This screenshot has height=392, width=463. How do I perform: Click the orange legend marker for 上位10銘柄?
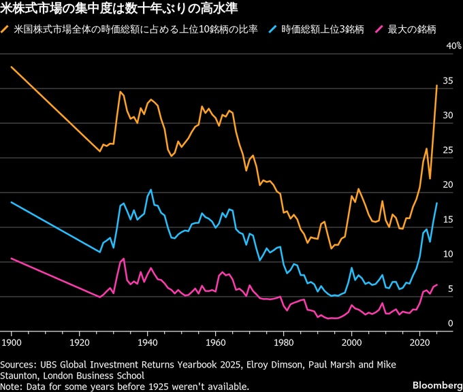coord(7,31)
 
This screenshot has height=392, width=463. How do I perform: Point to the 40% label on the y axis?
coord(453,46)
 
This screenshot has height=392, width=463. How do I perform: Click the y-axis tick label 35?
coord(448,81)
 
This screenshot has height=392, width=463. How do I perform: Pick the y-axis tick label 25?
coord(448,150)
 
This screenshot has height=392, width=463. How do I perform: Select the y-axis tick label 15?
coord(448,220)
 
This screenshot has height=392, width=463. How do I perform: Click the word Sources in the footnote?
coord(19,364)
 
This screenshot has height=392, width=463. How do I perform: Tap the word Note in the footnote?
coord(12,386)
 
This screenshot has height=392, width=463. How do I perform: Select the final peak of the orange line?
coord(436,85)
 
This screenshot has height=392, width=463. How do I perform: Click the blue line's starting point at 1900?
coord(12,202)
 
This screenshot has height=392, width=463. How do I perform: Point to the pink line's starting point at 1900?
coord(12,259)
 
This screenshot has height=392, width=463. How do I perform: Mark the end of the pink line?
coord(436,284)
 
